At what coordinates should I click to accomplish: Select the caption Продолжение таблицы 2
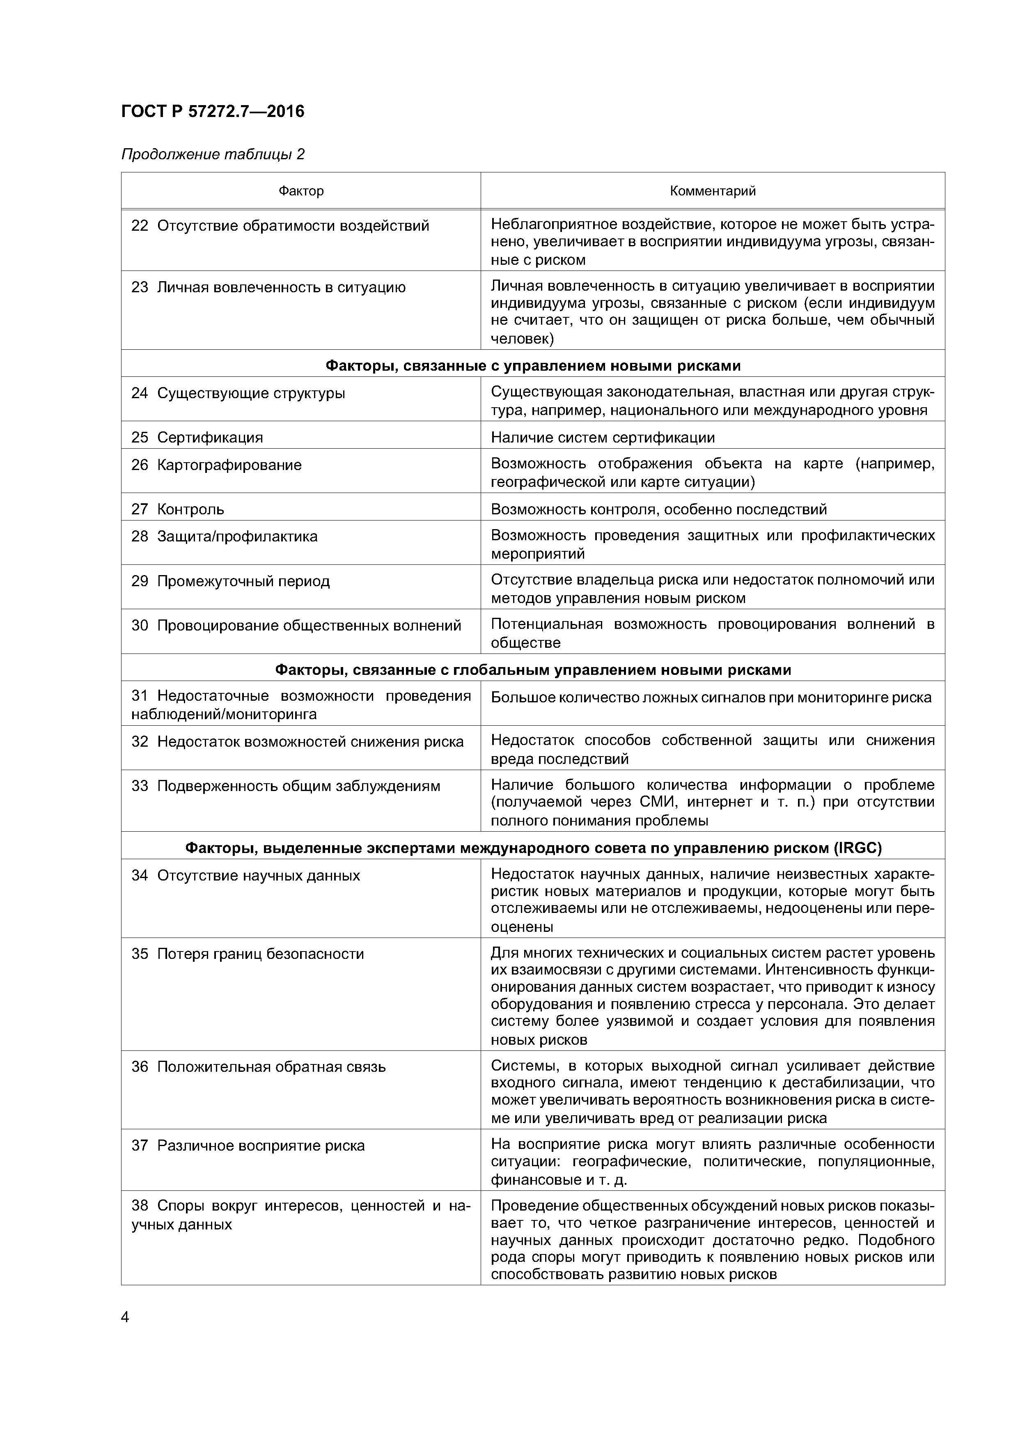(x=213, y=154)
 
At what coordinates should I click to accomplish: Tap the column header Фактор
(x=301, y=190)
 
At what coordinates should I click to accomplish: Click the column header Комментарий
(x=713, y=190)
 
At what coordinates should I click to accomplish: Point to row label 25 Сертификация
(x=197, y=437)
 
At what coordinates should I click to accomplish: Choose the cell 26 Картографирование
(x=216, y=465)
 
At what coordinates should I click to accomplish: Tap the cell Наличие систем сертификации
(x=602, y=437)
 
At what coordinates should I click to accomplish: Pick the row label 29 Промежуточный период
(x=230, y=581)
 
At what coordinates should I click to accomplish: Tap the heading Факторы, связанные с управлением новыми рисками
(x=532, y=366)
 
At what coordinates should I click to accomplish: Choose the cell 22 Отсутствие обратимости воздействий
(x=280, y=226)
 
